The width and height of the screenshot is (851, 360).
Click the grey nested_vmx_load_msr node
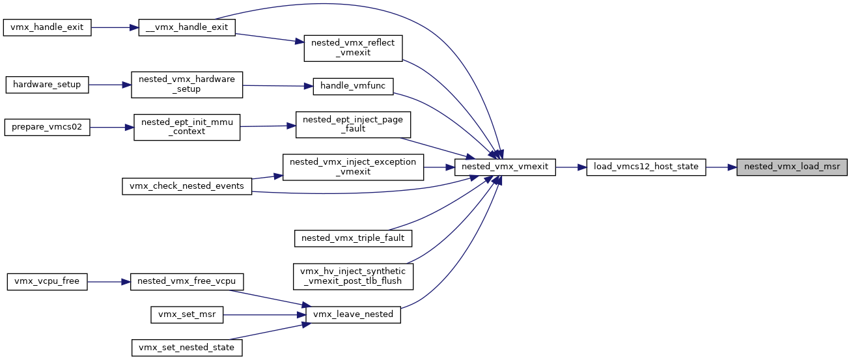[x=792, y=167]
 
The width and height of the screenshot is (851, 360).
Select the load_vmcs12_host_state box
[x=646, y=167]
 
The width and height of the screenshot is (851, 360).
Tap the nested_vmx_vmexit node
[x=505, y=167]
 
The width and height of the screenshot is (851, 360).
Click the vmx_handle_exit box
[x=47, y=28]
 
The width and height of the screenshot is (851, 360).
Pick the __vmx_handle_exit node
[x=187, y=28]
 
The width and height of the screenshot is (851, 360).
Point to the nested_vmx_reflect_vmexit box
[x=353, y=48]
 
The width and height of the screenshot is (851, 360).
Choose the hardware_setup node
[x=47, y=85]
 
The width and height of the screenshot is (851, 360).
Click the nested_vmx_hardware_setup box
[x=187, y=85]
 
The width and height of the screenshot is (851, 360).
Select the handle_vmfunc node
[x=353, y=87]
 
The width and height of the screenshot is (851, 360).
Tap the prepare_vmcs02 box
[x=47, y=127]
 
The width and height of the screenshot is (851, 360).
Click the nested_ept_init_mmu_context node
[x=187, y=127]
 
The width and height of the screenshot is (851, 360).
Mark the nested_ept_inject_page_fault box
[x=353, y=124]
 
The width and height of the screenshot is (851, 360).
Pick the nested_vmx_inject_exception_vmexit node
[x=353, y=167]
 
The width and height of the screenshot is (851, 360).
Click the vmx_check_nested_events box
[x=187, y=186]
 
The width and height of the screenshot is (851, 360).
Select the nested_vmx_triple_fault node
[x=353, y=238]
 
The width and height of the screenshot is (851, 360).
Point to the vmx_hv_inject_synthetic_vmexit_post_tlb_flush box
[x=353, y=277]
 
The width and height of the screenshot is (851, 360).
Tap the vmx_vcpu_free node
[x=47, y=282]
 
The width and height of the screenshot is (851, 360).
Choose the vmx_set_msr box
[x=187, y=315]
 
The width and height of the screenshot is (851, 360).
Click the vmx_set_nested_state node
[x=187, y=348]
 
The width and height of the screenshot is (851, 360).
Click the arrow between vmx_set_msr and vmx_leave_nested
[x=264, y=315]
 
